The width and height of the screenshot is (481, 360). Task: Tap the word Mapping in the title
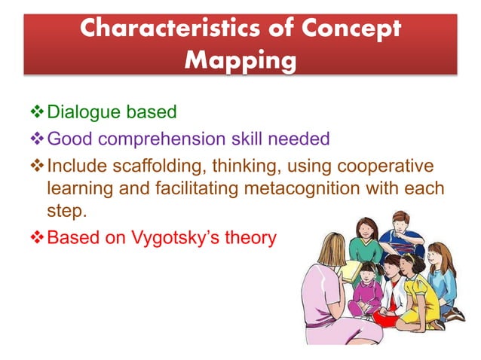[240, 59]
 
